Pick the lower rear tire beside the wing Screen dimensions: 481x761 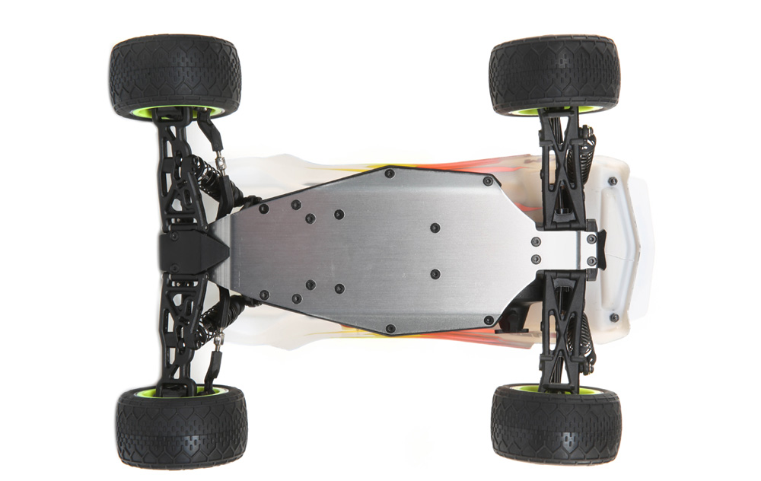pos(556,425)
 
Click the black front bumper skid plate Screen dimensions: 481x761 pos(190,250)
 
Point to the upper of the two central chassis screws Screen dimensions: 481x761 pos(435,228)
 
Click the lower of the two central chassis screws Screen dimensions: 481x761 pos(435,273)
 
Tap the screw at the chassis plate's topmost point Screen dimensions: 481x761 pos(390,173)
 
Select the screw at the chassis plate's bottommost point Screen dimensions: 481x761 pos(390,329)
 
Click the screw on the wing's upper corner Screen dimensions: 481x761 pos(613,181)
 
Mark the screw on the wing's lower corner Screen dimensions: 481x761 pos(613,317)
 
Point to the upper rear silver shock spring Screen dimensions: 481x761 pos(588,156)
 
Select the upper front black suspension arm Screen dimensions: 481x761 pos(180,179)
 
